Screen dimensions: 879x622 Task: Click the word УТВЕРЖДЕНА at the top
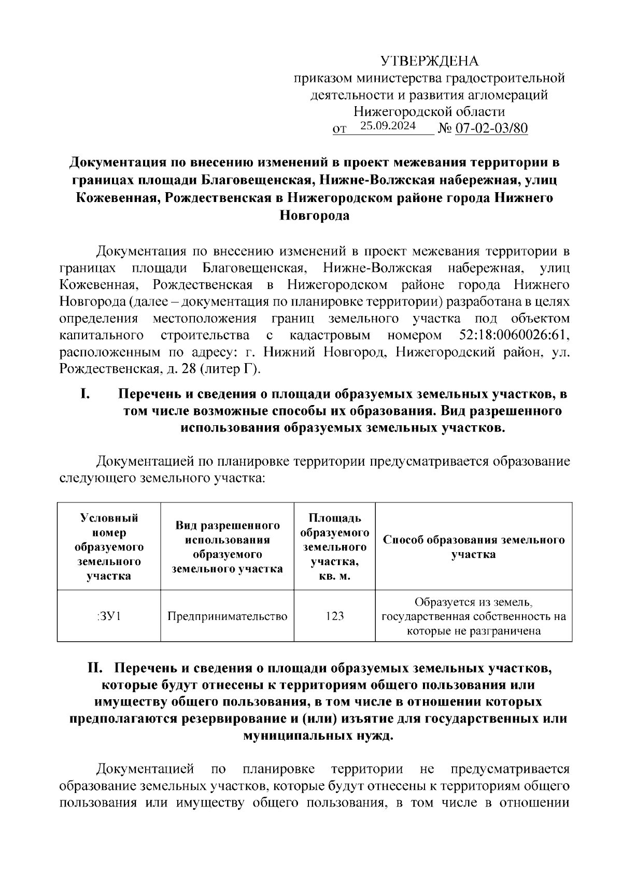click(x=430, y=62)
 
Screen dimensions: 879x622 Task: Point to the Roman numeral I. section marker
click(x=86, y=394)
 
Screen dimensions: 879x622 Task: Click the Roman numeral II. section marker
click(x=96, y=668)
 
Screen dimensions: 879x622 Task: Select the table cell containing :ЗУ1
click(x=109, y=616)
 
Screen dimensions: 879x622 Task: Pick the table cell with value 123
click(x=335, y=616)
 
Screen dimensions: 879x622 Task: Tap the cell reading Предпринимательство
click(x=227, y=616)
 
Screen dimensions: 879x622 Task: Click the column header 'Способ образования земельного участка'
click(x=474, y=547)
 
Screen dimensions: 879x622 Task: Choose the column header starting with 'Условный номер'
click(x=109, y=547)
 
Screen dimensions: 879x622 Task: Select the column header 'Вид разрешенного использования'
click(x=227, y=547)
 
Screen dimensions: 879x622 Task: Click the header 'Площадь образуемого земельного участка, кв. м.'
click(x=335, y=547)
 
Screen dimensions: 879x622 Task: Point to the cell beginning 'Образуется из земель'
click(x=474, y=616)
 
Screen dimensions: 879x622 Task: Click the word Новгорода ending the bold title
click(x=315, y=215)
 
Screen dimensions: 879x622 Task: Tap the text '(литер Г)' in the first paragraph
click(x=231, y=369)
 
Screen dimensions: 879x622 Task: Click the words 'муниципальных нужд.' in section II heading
click(x=318, y=736)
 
